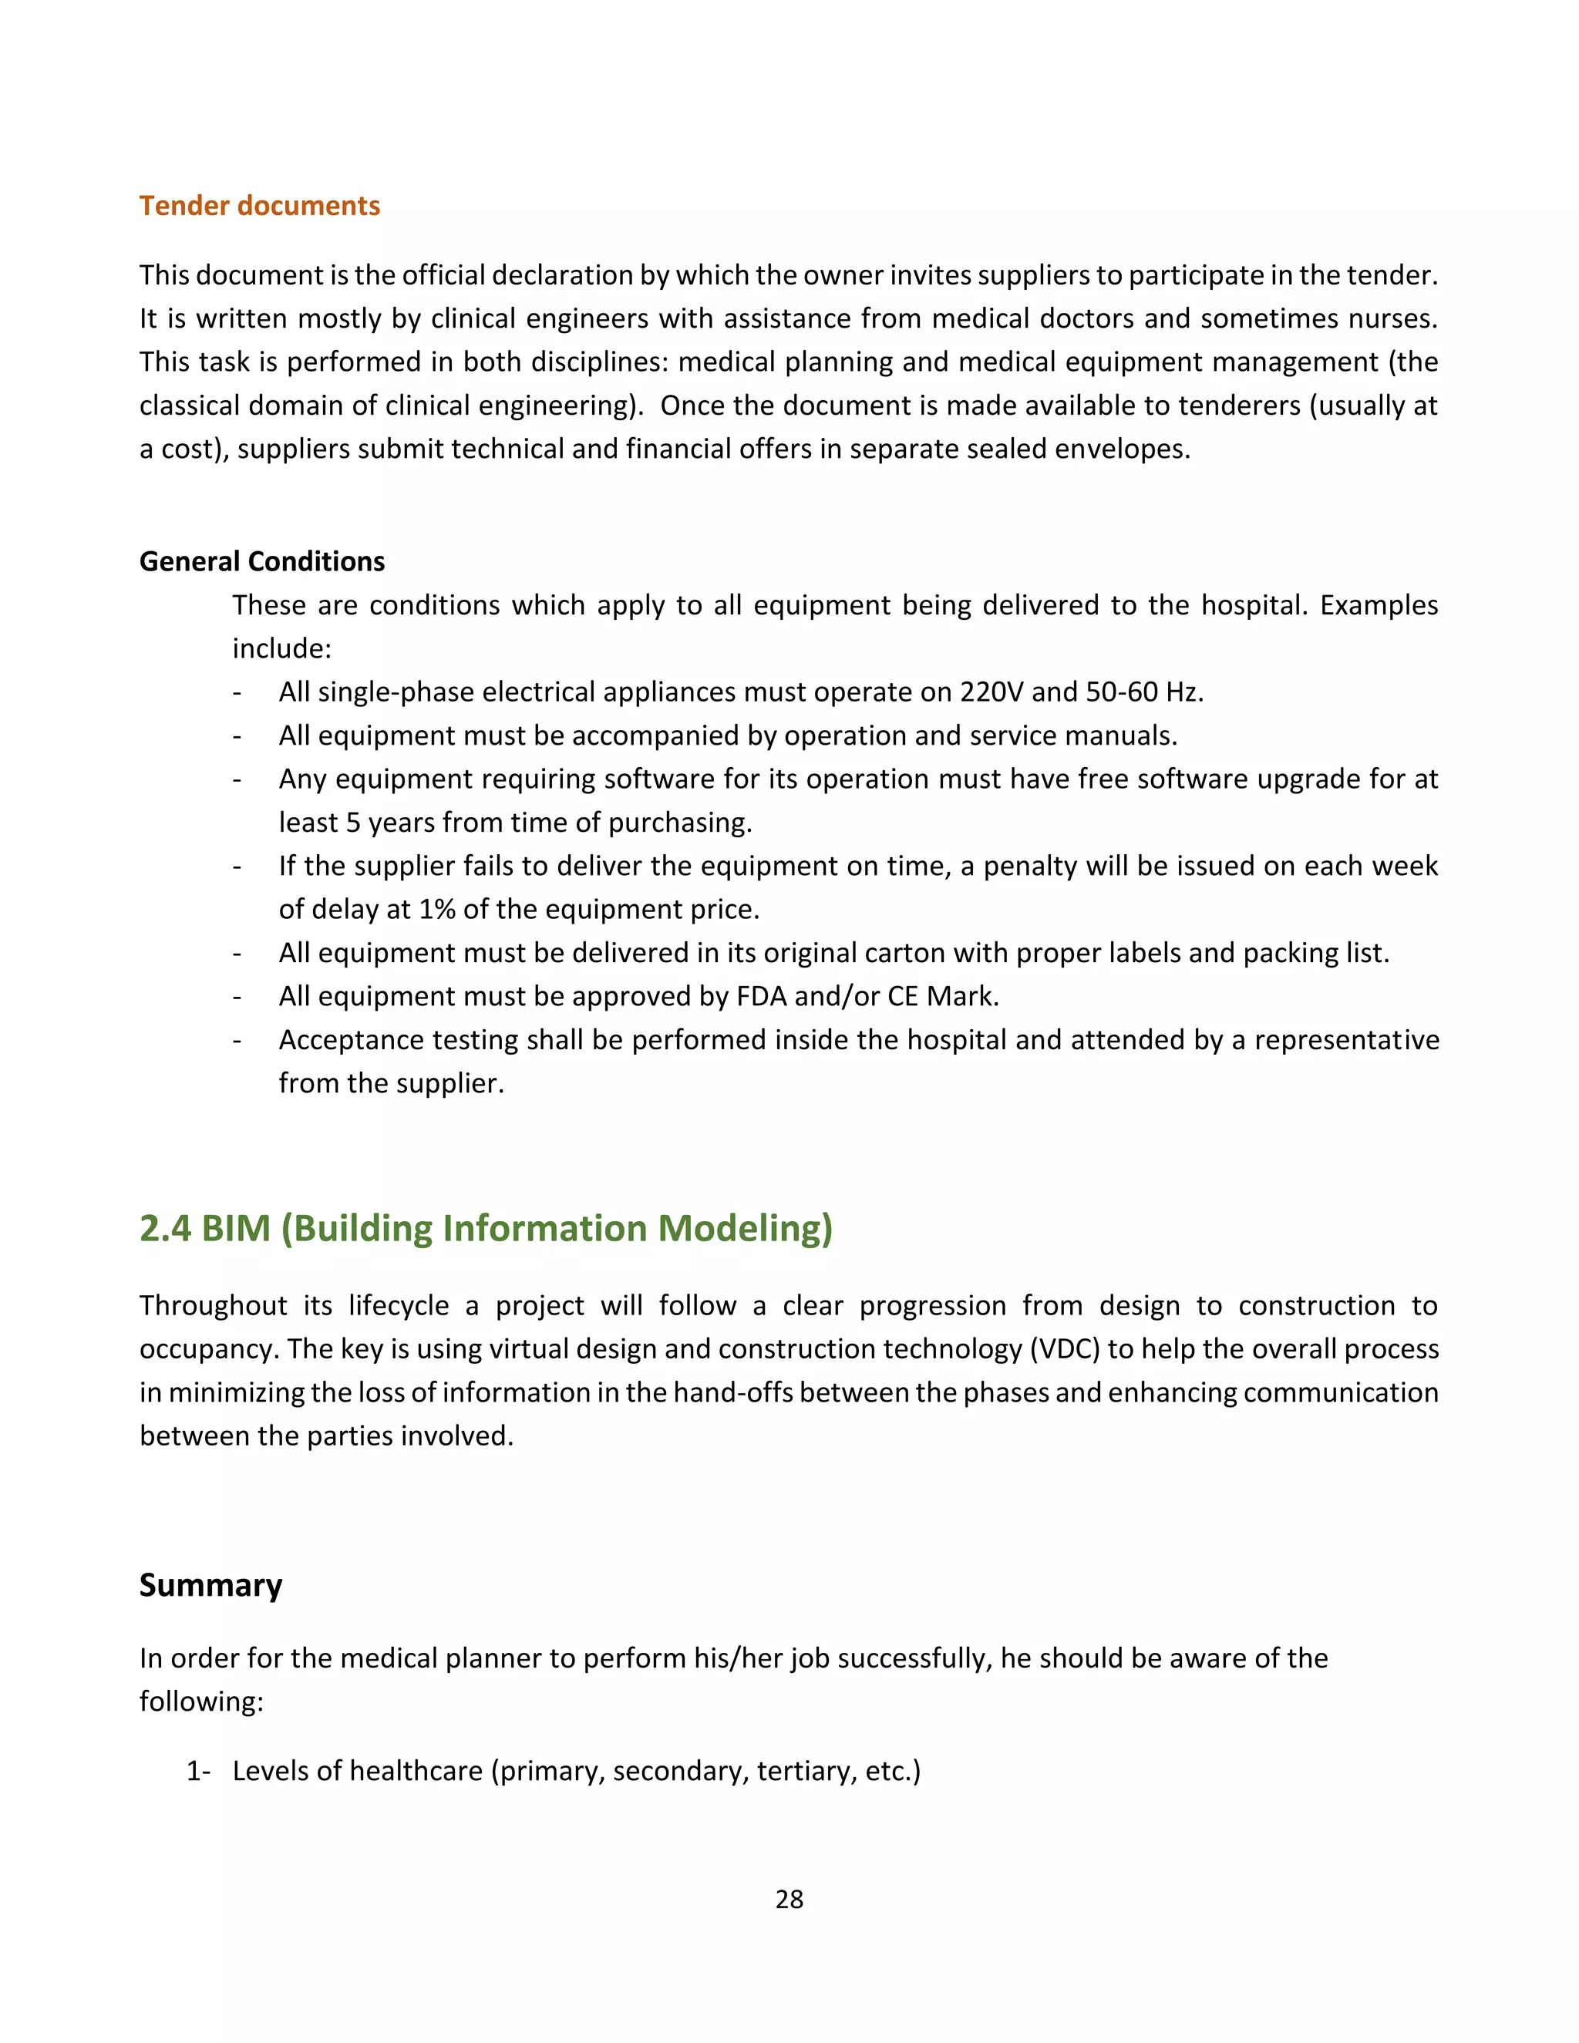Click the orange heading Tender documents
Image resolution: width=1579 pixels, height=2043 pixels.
click(259, 206)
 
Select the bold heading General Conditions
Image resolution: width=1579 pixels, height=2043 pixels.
click(262, 561)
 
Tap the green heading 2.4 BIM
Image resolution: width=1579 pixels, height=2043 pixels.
click(486, 1228)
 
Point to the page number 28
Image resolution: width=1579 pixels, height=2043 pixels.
click(789, 1899)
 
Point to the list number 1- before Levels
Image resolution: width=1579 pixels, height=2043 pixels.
click(197, 1771)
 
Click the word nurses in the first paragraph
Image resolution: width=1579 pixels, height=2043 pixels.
click(1390, 319)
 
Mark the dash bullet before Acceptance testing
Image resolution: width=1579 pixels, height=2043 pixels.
click(237, 1040)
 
